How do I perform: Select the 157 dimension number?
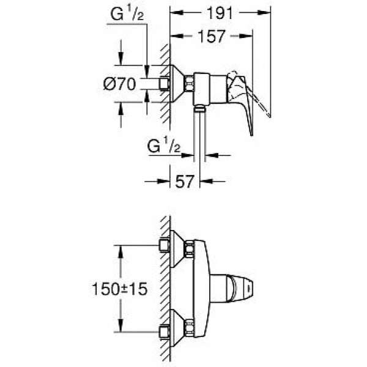[x=211, y=36]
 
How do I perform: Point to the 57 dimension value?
[x=185, y=181]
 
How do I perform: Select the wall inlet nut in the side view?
[x=163, y=83]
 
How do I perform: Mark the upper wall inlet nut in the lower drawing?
[x=163, y=245]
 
